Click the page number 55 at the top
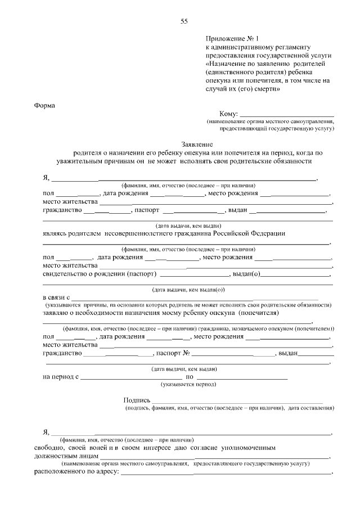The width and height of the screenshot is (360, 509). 184,21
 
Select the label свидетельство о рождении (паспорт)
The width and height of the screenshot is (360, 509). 99,274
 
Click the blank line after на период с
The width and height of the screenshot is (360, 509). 132,377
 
